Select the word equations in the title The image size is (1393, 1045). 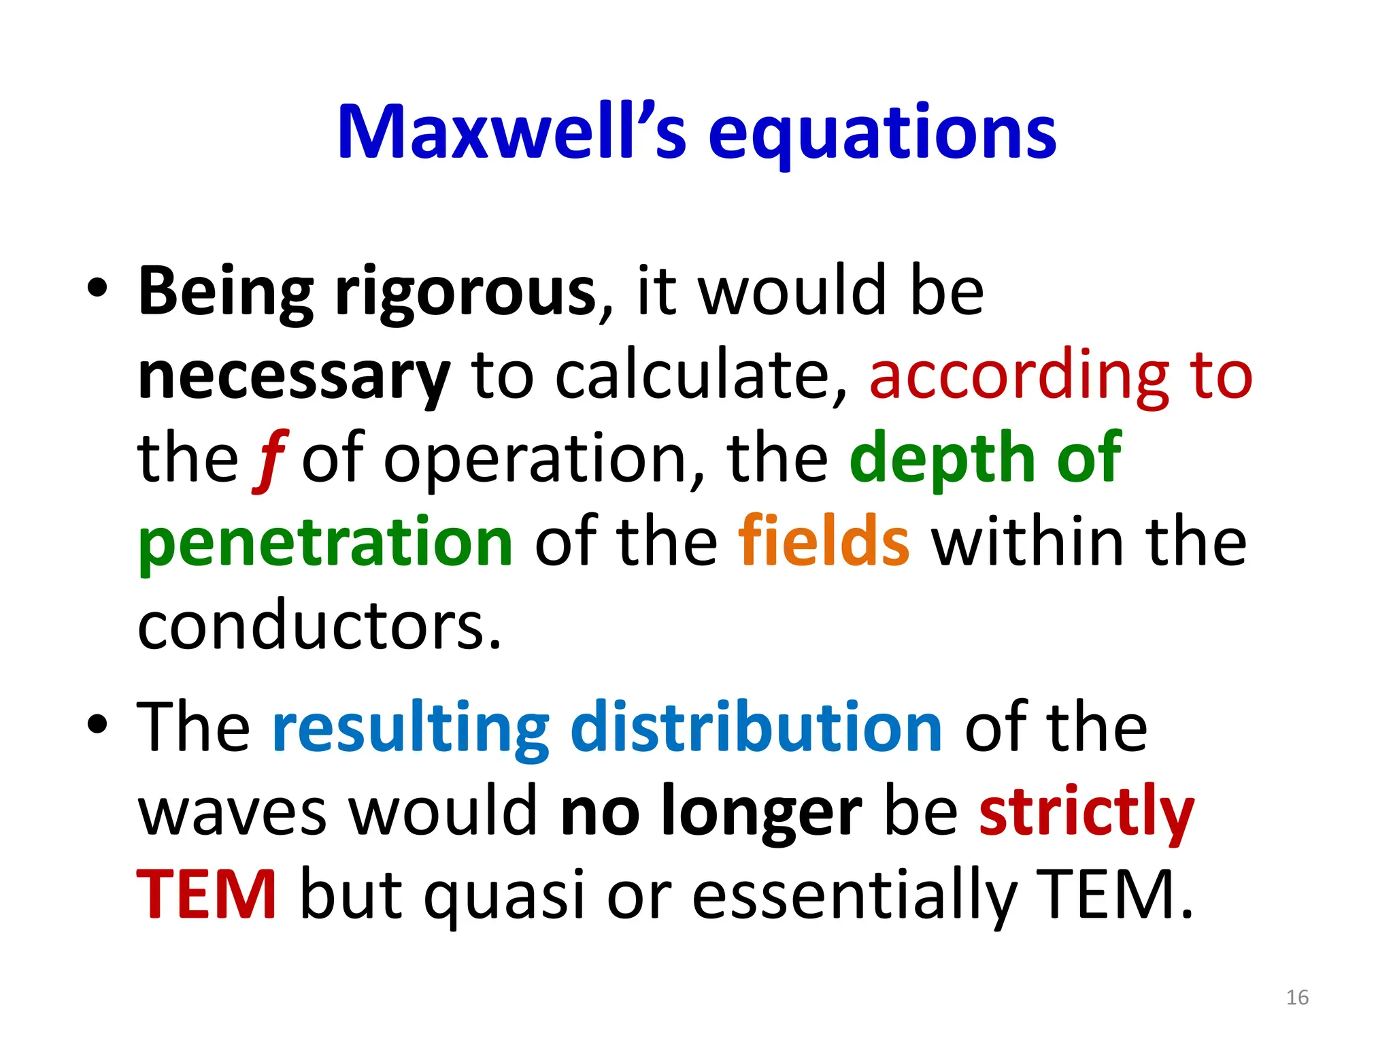point(882,134)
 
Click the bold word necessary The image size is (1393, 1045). point(294,376)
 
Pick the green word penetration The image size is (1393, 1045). point(325,542)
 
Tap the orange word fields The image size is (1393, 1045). point(824,542)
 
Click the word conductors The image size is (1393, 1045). point(319,626)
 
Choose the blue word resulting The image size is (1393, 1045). point(411,728)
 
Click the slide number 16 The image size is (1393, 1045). point(1297,997)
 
